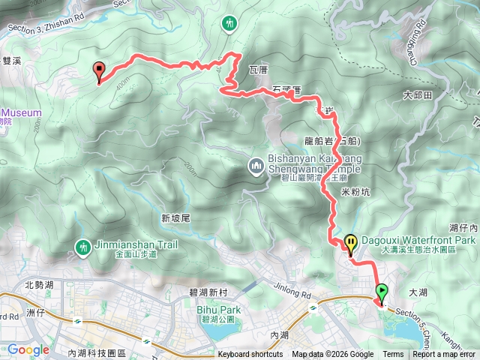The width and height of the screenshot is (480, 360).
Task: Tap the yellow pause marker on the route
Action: [x=351, y=243]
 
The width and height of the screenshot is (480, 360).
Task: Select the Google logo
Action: [x=28, y=349]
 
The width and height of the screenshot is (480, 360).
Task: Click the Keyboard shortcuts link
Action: [x=250, y=355]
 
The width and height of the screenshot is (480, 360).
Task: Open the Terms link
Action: [x=393, y=355]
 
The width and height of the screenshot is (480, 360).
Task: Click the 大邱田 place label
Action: [x=418, y=95]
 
